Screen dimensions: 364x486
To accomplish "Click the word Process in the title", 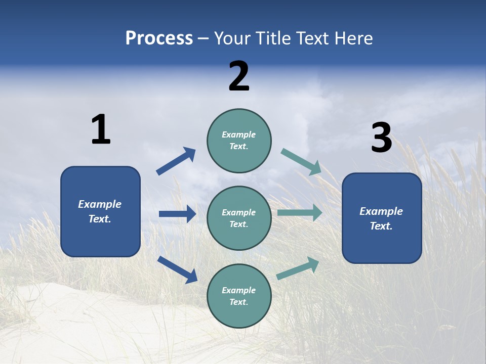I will click(x=159, y=38).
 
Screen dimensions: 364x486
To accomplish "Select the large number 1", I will click(x=101, y=130).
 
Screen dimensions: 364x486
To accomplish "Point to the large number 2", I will click(x=239, y=76).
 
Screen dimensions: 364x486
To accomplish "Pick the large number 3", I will click(x=381, y=139).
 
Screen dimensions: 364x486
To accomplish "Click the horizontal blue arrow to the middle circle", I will click(x=177, y=214).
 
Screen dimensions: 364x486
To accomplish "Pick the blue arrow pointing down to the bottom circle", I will click(x=177, y=269).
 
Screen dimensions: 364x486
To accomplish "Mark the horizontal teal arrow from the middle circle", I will click(x=299, y=213).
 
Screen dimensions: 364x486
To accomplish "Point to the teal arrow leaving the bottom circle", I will click(x=298, y=268).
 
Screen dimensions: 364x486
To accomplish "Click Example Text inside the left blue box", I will click(x=100, y=211).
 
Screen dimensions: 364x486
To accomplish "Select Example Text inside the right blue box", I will click(x=381, y=218).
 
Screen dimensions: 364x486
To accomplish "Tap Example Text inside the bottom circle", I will click(x=238, y=296).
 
